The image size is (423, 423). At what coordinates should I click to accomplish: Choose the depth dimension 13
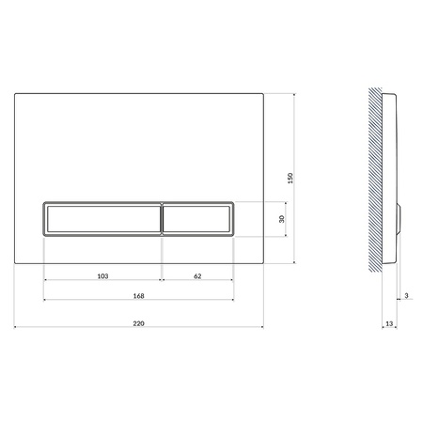[389, 324]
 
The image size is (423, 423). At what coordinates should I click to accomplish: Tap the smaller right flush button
[197, 218]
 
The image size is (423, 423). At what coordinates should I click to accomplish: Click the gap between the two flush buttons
[163, 218]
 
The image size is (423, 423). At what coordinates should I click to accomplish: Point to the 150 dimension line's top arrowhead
[298, 94]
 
